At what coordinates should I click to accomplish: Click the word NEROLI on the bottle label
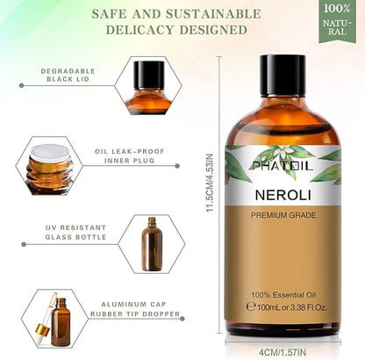[x=283, y=195]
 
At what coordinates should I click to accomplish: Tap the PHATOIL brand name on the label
[x=283, y=166]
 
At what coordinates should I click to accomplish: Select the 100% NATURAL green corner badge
[x=337, y=20]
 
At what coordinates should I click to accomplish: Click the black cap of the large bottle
[x=283, y=76]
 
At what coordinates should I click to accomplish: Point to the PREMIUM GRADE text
[x=283, y=215]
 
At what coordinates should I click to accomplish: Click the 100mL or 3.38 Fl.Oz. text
[x=287, y=307]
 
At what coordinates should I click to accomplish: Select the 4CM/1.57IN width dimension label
[x=283, y=352]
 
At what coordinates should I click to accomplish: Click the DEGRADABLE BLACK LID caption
[x=68, y=75]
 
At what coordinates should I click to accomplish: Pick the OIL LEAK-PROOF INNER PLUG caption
[x=130, y=156]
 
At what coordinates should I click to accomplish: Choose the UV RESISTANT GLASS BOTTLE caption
[x=75, y=232]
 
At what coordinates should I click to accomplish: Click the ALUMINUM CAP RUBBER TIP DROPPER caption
[x=135, y=309]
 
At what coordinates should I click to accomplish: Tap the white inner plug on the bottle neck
[x=50, y=153]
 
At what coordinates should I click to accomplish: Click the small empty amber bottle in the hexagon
[x=152, y=244]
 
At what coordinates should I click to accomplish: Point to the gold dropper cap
[x=43, y=330]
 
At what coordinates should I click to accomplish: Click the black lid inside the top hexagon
[x=149, y=75]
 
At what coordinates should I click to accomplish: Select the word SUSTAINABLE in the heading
[x=213, y=14]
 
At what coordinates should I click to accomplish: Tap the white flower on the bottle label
[x=285, y=152]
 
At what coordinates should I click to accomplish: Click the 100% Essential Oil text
[x=283, y=295]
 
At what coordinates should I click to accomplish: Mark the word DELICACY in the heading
[x=140, y=30]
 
